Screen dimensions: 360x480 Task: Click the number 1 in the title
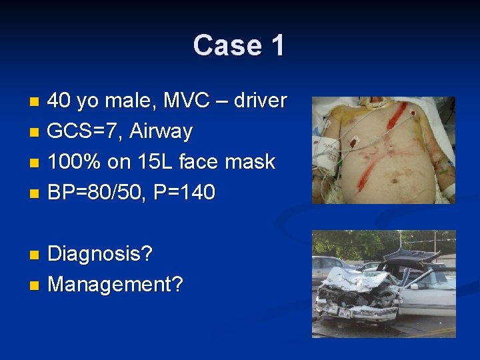pyautogui.click(x=277, y=45)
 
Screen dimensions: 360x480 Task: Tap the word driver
pyautogui.click(x=257, y=101)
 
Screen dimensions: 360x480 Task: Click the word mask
pyautogui.click(x=252, y=162)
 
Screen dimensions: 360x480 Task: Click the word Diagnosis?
pyautogui.click(x=100, y=254)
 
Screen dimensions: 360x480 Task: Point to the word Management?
pyautogui.click(x=115, y=285)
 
